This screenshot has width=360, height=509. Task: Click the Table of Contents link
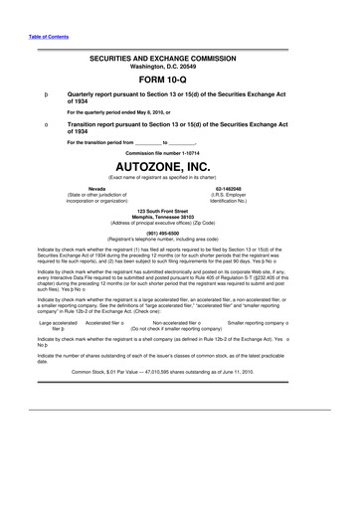click(36, 40)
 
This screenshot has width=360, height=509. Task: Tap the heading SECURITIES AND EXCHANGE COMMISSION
click(179, 60)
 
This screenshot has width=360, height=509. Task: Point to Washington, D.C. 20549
click(179, 69)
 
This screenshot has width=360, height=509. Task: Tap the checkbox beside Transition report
click(36, 124)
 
